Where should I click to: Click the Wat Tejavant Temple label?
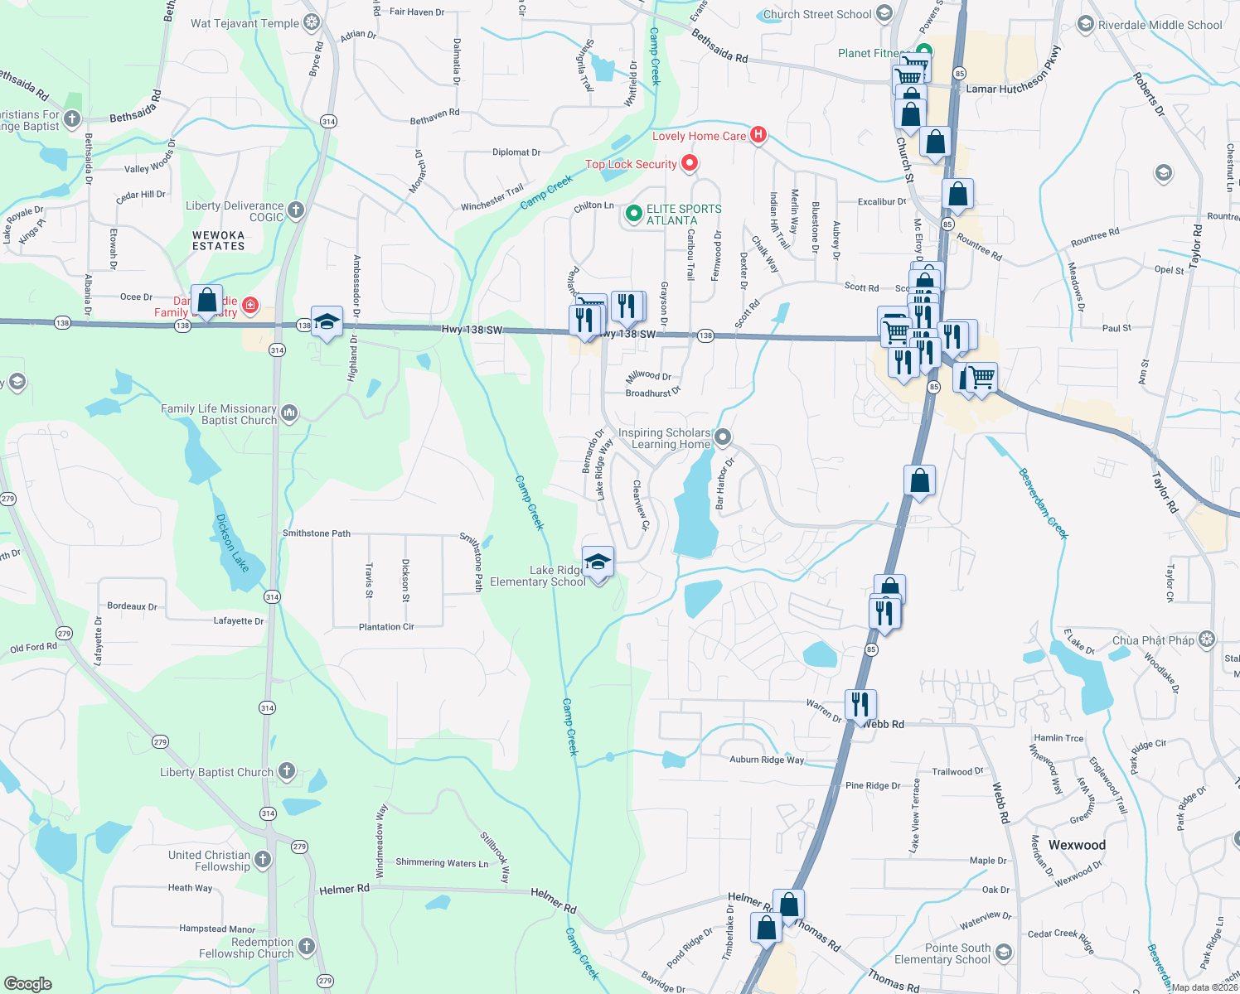point(245,23)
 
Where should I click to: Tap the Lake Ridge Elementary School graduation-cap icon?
point(598,562)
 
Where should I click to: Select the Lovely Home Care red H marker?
point(758,134)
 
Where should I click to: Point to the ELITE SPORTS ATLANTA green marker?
point(634,214)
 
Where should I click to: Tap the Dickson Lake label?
point(232,543)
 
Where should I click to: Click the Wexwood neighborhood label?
point(1077,845)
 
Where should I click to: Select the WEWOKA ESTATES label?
point(219,240)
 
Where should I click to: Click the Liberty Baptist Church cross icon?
point(287,771)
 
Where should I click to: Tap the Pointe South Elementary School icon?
point(1004,952)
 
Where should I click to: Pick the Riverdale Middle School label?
point(1160,25)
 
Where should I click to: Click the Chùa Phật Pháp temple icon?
point(1207,639)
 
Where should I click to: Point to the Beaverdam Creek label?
point(1043,504)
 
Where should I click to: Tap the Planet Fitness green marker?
point(924,50)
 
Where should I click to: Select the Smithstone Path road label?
point(317,533)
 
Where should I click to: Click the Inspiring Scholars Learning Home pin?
point(723,437)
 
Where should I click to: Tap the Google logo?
point(28,983)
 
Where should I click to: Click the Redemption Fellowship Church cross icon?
point(307,946)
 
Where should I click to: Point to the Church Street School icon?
point(884,13)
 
